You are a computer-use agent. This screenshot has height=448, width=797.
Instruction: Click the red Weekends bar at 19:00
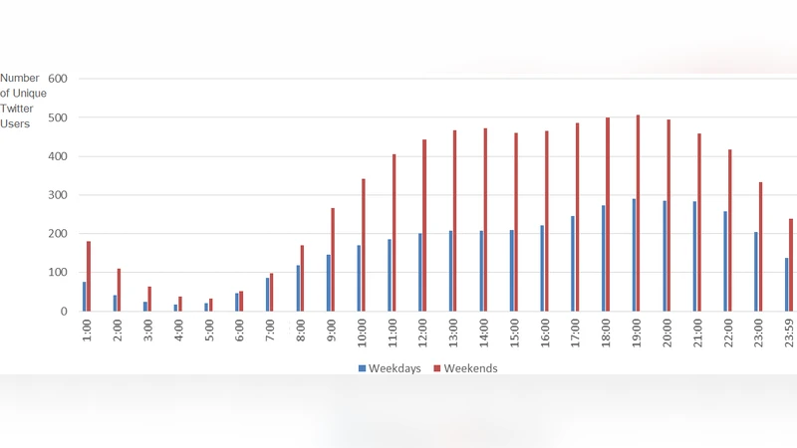click(639, 213)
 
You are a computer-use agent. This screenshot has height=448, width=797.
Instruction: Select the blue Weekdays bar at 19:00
click(633, 255)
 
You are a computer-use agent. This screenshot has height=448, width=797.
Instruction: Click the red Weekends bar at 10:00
click(364, 245)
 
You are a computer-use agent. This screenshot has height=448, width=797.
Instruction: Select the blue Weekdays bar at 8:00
click(298, 288)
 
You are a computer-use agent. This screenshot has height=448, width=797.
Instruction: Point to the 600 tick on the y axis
click(58, 79)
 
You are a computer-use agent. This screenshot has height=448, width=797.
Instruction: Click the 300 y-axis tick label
click(58, 195)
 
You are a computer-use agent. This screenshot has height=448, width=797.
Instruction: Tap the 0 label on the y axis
click(64, 312)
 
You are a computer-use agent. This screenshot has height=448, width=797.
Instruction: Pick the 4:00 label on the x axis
click(179, 330)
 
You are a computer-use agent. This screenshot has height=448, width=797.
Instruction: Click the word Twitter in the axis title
click(15, 109)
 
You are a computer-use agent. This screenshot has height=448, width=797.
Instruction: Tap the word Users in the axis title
click(15, 123)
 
